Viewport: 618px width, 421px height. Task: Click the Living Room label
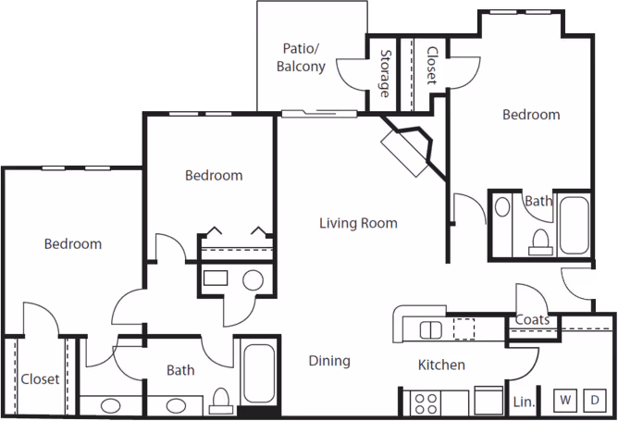[x=358, y=223]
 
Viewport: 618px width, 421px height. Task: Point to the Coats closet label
[x=533, y=321]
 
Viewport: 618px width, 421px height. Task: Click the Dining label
[x=329, y=361]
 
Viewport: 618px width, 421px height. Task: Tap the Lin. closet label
[x=524, y=402]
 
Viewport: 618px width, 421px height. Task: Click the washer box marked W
[x=563, y=401]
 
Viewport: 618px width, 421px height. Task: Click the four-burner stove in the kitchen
[x=425, y=402]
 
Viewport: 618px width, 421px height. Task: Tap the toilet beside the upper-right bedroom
[x=538, y=241]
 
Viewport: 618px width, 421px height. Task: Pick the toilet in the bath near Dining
[x=220, y=400]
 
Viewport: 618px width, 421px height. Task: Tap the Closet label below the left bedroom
[x=40, y=379]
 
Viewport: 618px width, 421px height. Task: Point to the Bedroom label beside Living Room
[x=214, y=175]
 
